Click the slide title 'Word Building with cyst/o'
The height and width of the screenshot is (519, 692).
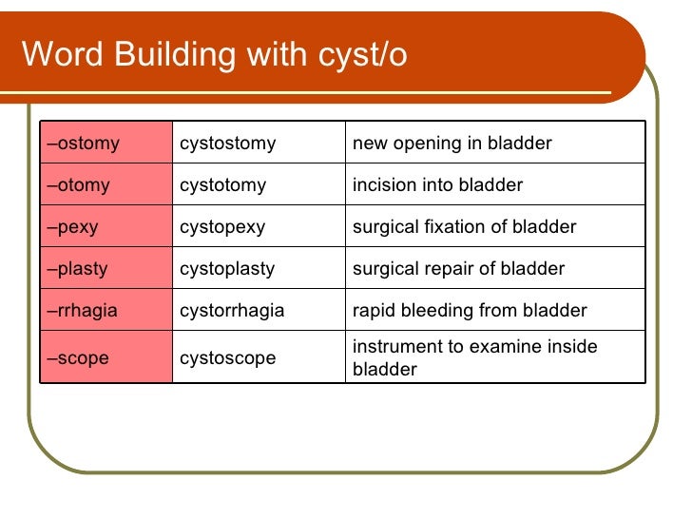pyautogui.click(x=214, y=54)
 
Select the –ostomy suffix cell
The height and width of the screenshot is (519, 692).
pyautogui.click(x=105, y=144)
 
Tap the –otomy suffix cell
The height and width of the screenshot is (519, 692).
pyautogui.click(x=105, y=185)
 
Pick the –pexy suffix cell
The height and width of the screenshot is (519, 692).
pyautogui.click(x=105, y=227)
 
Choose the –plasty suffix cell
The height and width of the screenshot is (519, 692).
pyautogui.click(x=105, y=269)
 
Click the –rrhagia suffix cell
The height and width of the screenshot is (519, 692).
pyautogui.click(x=105, y=311)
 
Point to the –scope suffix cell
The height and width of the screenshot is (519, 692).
pyautogui.click(x=105, y=357)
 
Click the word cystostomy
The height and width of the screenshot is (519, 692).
pyautogui.click(x=227, y=144)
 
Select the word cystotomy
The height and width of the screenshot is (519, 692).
pyautogui.click(x=222, y=185)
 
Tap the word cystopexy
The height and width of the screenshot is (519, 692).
pyautogui.click(x=222, y=227)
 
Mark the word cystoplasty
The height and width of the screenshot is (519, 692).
pyautogui.click(x=227, y=269)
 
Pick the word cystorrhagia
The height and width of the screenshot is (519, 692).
pyautogui.click(x=232, y=311)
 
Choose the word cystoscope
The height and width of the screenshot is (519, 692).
pyautogui.click(x=227, y=358)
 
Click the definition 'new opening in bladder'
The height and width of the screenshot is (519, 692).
pyautogui.click(x=452, y=144)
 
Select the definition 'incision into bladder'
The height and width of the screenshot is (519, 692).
pyautogui.click(x=437, y=185)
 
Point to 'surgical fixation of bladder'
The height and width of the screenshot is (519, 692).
pyautogui.click(x=464, y=227)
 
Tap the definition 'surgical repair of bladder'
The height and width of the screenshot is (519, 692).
pyautogui.click(x=458, y=269)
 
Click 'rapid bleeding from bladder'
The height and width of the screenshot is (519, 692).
pyautogui.click(x=470, y=311)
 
